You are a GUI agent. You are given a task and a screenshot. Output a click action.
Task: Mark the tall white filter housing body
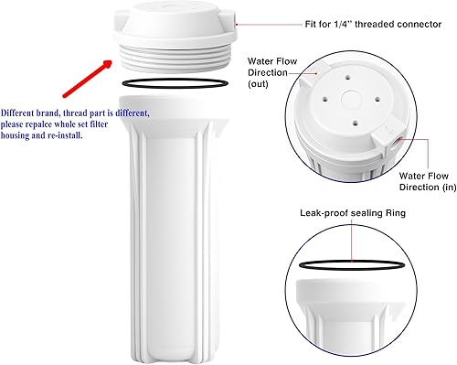pos(174,229)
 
